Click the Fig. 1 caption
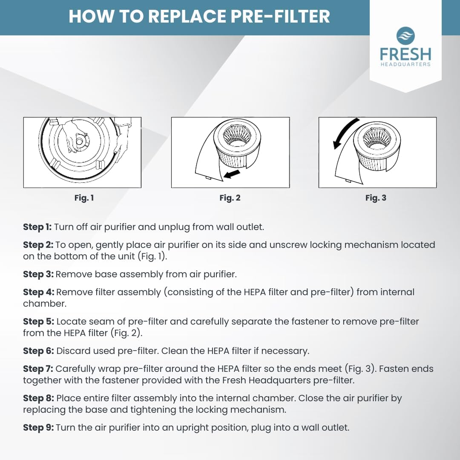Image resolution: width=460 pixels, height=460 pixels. pyautogui.click(x=84, y=198)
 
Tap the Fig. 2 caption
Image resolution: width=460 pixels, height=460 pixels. pyautogui.click(x=230, y=198)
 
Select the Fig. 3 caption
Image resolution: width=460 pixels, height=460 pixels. pyautogui.click(x=376, y=198)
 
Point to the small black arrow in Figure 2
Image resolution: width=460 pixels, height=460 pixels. pyautogui.click(x=232, y=174)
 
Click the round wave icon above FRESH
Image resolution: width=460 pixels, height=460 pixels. pyautogui.click(x=405, y=36)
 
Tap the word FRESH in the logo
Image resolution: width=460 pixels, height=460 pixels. pyautogui.click(x=405, y=54)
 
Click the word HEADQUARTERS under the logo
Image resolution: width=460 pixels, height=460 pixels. pyautogui.click(x=405, y=64)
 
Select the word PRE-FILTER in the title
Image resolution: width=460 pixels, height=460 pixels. pyautogui.click(x=280, y=16)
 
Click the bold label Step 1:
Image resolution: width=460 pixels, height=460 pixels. pyautogui.click(x=37, y=227)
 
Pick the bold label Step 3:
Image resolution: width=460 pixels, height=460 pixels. pyautogui.click(x=38, y=274)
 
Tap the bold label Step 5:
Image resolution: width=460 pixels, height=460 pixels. pyautogui.click(x=39, y=322)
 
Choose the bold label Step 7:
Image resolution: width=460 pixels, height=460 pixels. pyautogui.click(x=38, y=369)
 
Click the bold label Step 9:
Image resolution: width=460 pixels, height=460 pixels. pyautogui.click(x=38, y=428)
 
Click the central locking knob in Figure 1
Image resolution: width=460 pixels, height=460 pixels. pyautogui.click(x=79, y=141)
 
